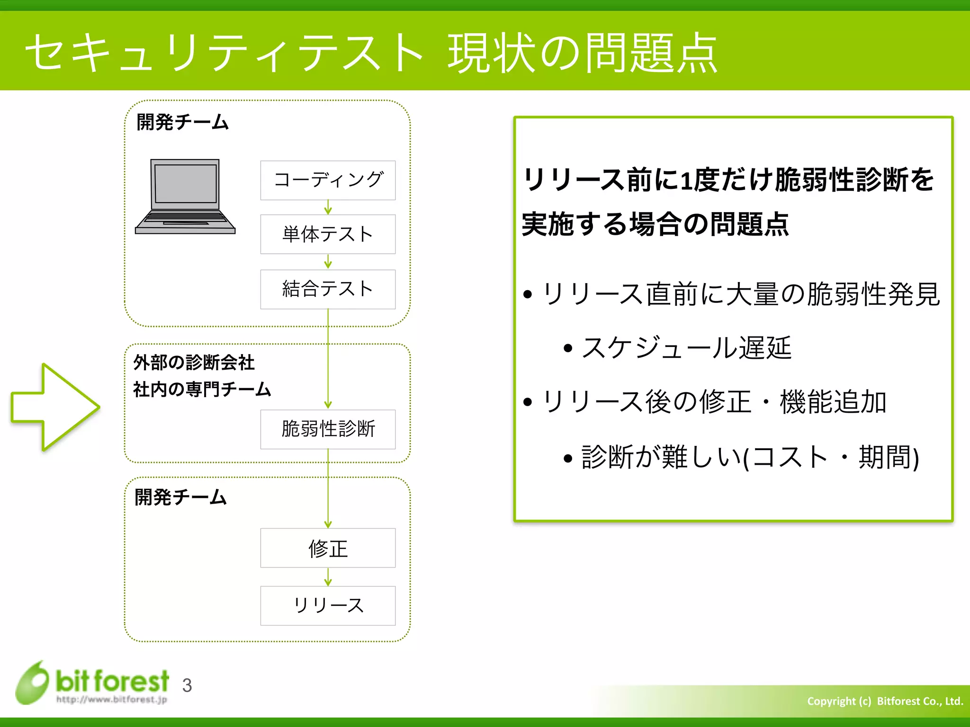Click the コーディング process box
[x=328, y=180]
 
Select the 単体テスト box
[x=328, y=234]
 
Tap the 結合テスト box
[x=328, y=289]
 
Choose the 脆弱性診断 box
[x=328, y=429]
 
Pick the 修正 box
[x=328, y=548]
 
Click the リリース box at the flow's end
[x=328, y=605]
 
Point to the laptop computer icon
[x=185, y=196]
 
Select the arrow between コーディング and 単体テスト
[x=328, y=207]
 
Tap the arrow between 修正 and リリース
[x=328, y=577]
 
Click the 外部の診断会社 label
[x=194, y=363]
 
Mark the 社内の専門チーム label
[x=202, y=390]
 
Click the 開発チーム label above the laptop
[x=182, y=122]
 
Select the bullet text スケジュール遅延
[x=686, y=348]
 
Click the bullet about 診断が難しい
[x=750, y=457]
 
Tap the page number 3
[x=187, y=685]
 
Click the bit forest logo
[x=92, y=683]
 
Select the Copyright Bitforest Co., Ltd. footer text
[x=885, y=701]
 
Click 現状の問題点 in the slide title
[x=583, y=53]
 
